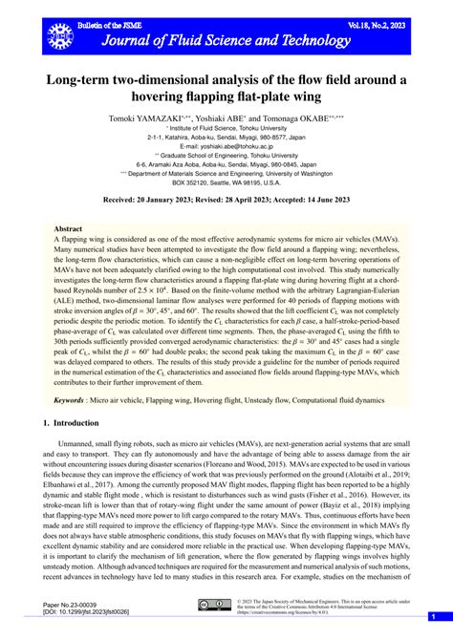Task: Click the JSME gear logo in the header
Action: point(60,33)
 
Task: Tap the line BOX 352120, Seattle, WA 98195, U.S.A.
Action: point(226,182)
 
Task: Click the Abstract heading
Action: point(69,229)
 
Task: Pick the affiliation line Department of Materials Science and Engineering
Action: point(226,173)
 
